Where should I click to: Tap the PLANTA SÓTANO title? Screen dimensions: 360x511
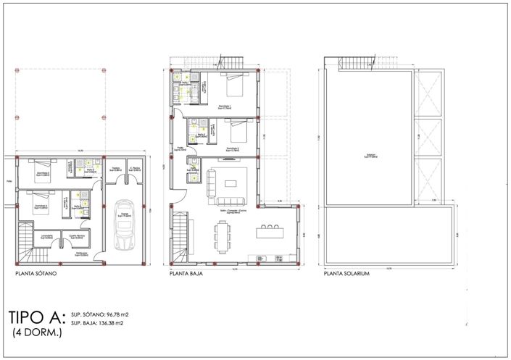(36, 275)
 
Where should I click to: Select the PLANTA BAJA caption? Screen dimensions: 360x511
(186, 275)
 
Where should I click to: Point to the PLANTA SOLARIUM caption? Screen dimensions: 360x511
(348, 275)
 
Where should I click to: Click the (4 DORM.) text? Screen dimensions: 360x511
(37, 332)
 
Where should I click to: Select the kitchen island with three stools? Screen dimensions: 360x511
(270, 234)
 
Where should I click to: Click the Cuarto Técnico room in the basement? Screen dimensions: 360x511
(78, 238)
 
